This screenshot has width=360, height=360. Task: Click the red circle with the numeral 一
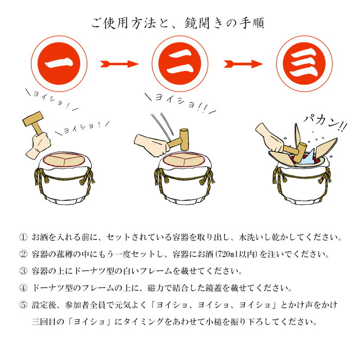(59, 64)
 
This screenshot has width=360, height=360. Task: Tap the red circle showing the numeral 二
(180, 64)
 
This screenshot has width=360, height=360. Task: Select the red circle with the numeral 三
(304, 64)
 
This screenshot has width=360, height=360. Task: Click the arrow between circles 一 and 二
(119, 64)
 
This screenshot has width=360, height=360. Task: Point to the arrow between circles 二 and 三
(243, 64)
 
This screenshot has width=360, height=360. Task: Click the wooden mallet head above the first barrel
(33, 119)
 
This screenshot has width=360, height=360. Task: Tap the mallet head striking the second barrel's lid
(184, 139)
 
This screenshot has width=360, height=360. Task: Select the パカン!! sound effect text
(325, 123)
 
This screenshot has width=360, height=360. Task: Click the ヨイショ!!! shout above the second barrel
(180, 103)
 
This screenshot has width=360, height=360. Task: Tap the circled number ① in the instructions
(23, 237)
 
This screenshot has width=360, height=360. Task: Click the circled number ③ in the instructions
(23, 271)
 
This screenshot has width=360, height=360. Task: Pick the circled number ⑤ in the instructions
(23, 305)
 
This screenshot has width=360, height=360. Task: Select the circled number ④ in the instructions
(23, 288)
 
